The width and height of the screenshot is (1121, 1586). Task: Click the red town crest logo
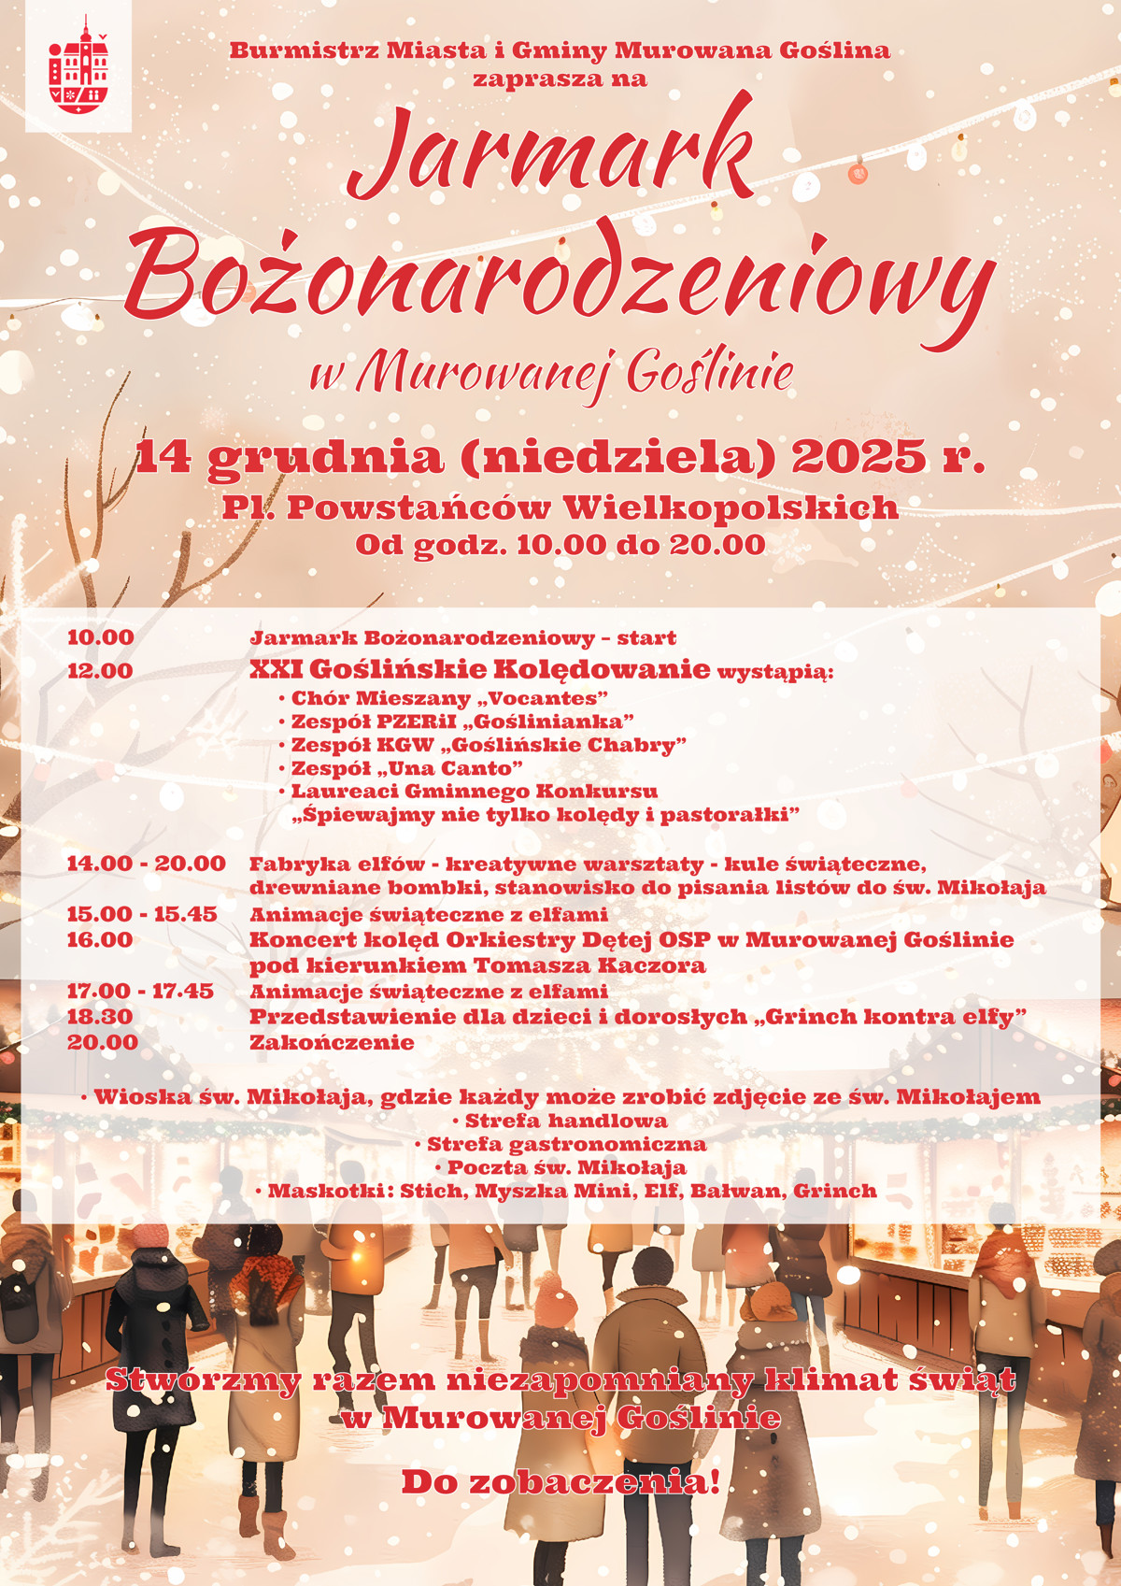point(78,65)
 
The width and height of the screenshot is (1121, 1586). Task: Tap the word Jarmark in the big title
point(551,154)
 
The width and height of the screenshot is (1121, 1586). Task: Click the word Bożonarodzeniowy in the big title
point(559,271)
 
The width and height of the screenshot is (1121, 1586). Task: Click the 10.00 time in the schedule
point(101,637)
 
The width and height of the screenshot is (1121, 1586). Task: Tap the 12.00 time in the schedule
point(100,670)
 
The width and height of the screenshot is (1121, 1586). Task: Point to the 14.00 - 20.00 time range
point(146,863)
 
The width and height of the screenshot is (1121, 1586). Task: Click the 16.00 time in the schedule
point(100,939)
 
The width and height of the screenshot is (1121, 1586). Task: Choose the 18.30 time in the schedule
point(100,1016)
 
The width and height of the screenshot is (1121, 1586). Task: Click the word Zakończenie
point(332,1042)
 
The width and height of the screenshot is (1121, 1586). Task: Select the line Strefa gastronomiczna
point(566,1144)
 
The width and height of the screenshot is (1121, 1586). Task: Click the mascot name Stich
point(432,1191)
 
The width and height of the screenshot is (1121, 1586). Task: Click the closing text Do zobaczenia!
point(560,1482)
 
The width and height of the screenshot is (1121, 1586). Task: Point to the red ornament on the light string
point(858,173)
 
